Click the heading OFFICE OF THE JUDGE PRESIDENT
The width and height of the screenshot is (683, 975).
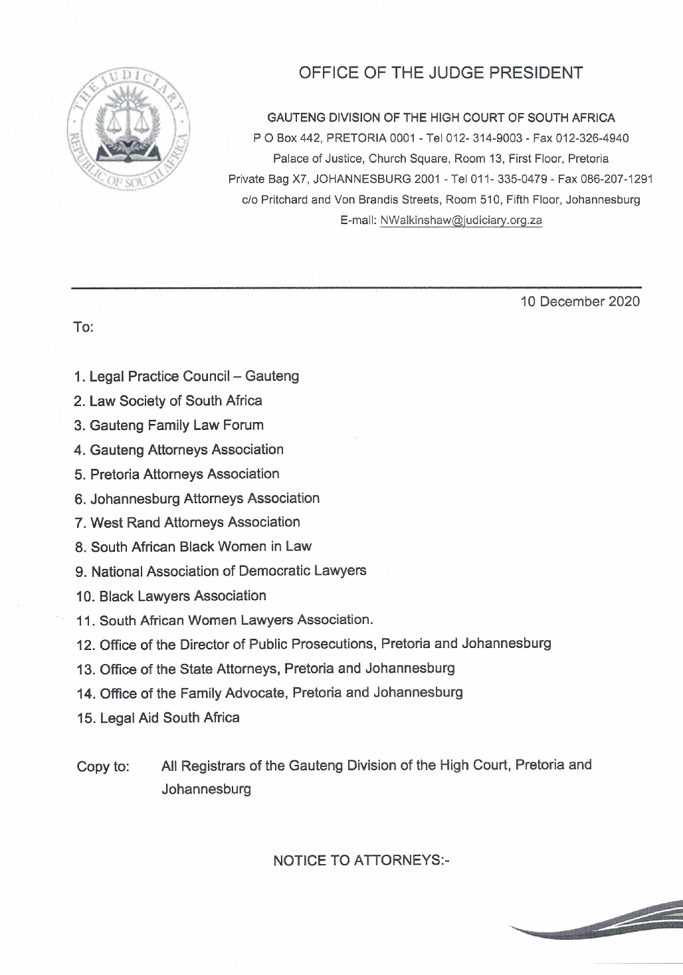point(440,73)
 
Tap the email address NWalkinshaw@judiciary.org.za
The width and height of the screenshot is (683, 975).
point(461,220)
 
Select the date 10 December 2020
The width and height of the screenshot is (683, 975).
point(580,302)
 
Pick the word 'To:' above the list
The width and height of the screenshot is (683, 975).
point(83,328)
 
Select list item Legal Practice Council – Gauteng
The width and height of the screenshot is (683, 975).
point(187,377)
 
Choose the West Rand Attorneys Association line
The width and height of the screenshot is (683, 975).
point(188,523)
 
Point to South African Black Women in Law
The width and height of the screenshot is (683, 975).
point(193,547)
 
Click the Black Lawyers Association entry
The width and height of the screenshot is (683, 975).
point(171,596)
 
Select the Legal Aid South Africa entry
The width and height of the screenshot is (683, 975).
point(158,718)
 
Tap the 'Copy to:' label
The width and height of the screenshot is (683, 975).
point(103,766)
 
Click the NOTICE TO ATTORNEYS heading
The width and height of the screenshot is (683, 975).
point(361,861)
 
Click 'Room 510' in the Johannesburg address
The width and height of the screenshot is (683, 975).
point(470,199)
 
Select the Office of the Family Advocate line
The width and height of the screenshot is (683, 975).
point(270,693)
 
